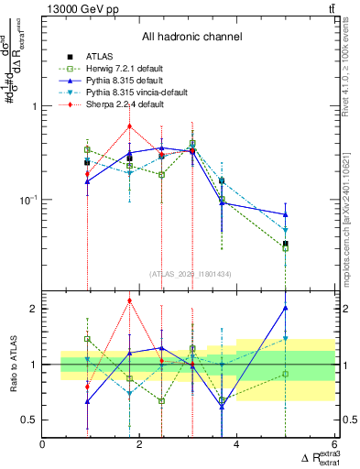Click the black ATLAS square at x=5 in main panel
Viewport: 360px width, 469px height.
(286, 244)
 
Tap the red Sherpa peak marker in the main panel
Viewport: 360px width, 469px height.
(130, 126)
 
